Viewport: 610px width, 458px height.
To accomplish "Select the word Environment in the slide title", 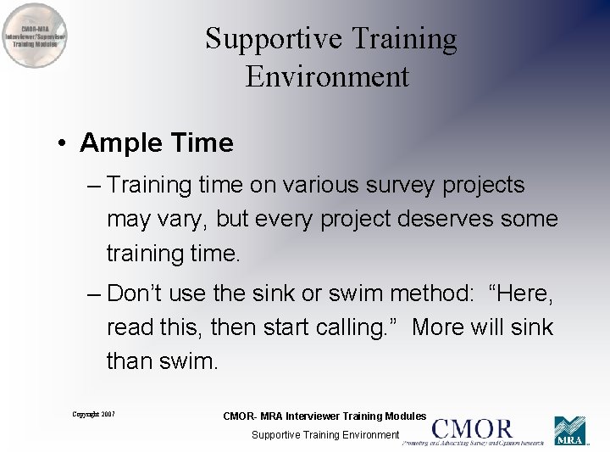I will pyautogui.click(x=327, y=76).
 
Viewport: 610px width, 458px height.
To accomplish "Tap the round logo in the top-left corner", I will pyautogui.click(x=36, y=36).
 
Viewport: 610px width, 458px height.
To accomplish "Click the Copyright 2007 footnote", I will pyautogui.click(x=93, y=414).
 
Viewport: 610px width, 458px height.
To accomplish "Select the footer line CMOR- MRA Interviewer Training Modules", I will pyautogui.click(x=324, y=416).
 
